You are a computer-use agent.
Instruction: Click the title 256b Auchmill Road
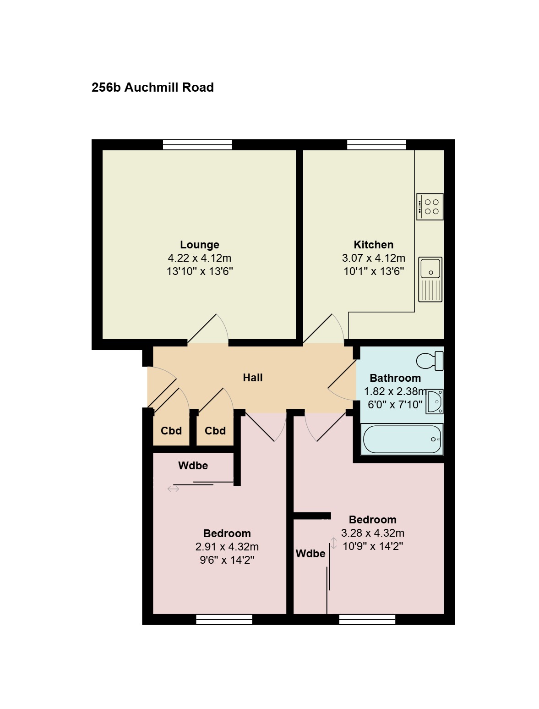coord(152,88)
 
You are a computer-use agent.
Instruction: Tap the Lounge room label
coord(200,245)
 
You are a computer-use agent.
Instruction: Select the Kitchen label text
coord(373,245)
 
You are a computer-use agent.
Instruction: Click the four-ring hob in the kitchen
coord(430,207)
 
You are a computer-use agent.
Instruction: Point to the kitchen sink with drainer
coord(430,280)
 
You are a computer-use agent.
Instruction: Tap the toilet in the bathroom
coord(430,361)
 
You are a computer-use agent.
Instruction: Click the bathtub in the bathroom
coord(402,439)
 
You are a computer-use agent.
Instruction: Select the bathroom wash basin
coord(435,401)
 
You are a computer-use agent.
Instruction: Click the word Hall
coord(253,378)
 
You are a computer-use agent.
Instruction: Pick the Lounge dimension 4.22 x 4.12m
coord(200,258)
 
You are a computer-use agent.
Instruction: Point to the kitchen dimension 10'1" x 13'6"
coord(373,271)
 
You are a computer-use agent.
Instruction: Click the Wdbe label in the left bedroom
coord(193,466)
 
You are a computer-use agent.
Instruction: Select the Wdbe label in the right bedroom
coord(310,554)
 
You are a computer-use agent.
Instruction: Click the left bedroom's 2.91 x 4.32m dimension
coord(227,546)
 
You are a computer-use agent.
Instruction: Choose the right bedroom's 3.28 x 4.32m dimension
coord(373,533)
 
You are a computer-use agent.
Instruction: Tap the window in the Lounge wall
coord(197,144)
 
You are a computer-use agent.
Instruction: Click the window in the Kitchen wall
coord(376,144)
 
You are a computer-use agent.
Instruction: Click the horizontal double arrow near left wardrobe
coord(173,489)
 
